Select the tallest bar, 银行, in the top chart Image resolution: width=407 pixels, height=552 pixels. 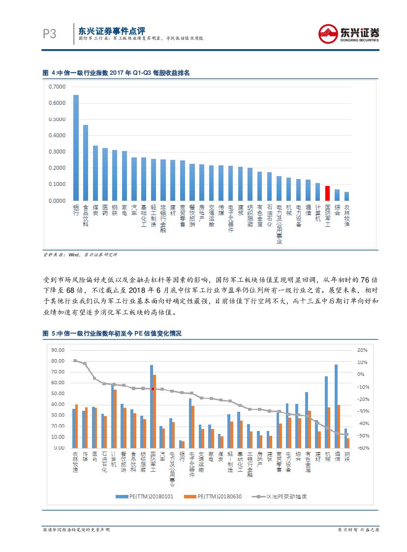[76, 148]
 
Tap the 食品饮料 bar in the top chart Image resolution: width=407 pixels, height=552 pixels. [86, 163]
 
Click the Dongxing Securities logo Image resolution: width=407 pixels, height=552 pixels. [348, 33]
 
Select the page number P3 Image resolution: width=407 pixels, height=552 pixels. [50, 34]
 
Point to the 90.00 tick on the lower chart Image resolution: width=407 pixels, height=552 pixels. [58, 350]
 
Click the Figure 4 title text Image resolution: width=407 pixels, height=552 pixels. [116, 72]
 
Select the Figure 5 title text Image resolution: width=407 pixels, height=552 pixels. [112, 334]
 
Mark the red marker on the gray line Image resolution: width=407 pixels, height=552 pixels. [153, 389]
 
